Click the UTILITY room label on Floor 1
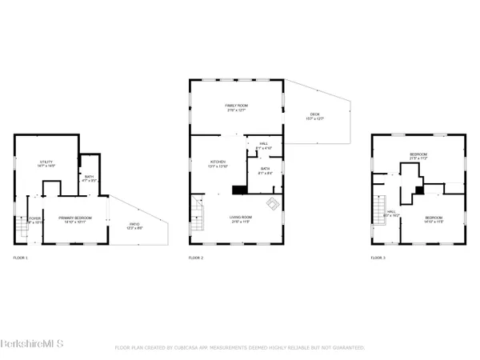tap(46, 162)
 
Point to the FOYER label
tap(34, 218)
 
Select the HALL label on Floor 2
tap(263, 144)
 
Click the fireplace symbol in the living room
tap(273, 202)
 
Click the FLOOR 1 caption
tap(21, 258)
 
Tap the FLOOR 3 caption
tap(378, 258)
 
